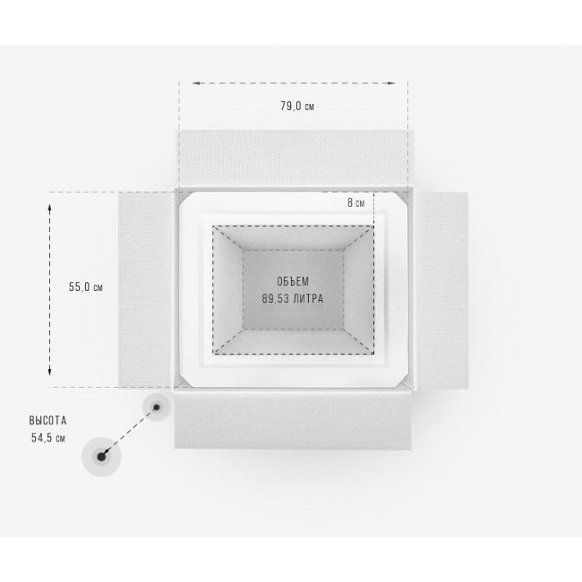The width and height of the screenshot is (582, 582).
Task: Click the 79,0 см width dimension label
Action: point(297,107)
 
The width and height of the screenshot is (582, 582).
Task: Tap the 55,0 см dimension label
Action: point(86,287)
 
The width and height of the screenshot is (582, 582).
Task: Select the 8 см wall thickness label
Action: point(356,202)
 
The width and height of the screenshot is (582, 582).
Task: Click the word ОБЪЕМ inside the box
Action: point(293,281)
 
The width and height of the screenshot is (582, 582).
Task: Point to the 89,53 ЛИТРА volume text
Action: point(293,298)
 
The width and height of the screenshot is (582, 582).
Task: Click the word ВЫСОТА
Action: point(47,421)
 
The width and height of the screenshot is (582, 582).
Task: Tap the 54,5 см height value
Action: point(48,438)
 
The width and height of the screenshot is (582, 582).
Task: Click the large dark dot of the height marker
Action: point(101,457)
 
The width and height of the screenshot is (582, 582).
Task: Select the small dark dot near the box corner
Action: point(157,407)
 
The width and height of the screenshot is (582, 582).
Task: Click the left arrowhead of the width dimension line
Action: point(195,83)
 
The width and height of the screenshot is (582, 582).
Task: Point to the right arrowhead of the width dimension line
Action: point(391,83)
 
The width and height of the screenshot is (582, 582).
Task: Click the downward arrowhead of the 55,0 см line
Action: point(50,372)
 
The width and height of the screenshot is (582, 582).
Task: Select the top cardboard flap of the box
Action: point(295,158)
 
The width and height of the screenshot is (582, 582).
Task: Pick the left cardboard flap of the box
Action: point(146,289)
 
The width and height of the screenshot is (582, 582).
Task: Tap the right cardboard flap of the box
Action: point(441,290)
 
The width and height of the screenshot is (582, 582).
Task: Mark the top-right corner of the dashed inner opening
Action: point(373,226)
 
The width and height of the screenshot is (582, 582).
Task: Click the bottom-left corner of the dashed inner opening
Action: point(213,354)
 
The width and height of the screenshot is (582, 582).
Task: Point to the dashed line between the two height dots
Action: point(129,432)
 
